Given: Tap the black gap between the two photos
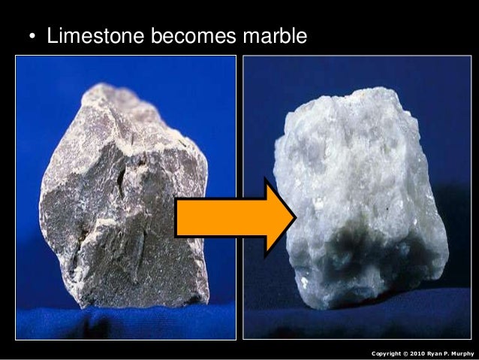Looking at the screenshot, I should (239, 150).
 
